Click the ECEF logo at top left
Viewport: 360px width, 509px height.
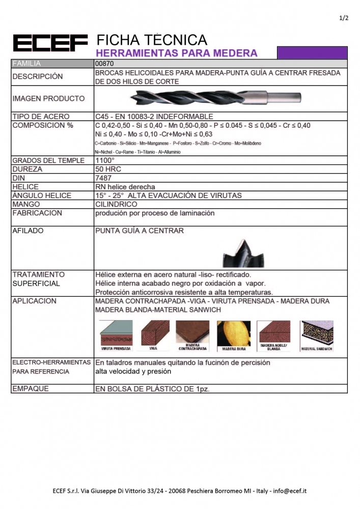tap(49, 43)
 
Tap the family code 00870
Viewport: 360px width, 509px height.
tap(104, 64)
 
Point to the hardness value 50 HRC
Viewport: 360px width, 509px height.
tap(108, 169)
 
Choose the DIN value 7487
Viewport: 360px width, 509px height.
tap(103, 178)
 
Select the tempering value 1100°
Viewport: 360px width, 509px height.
tap(105, 160)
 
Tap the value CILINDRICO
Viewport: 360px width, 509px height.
tap(116, 204)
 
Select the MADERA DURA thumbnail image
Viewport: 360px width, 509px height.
tap(234, 334)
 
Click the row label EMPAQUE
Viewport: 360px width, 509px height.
tap(31, 388)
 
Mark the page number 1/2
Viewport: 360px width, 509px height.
tap(343, 19)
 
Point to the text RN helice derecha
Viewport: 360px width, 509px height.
tap(125, 187)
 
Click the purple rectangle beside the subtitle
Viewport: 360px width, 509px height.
tap(312, 52)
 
